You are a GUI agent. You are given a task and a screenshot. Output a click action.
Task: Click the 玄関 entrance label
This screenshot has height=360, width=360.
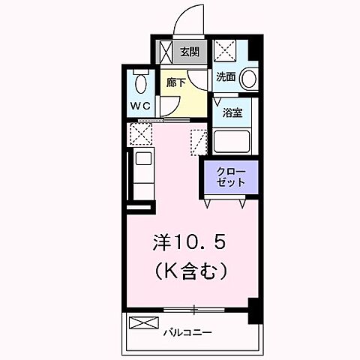[190, 52]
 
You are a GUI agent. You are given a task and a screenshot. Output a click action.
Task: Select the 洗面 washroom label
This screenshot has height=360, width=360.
[226, 76]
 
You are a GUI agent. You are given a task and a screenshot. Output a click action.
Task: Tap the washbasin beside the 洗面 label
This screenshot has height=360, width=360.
[250, 77]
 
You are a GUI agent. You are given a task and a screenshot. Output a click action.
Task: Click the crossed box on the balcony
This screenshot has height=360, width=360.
[140, 324]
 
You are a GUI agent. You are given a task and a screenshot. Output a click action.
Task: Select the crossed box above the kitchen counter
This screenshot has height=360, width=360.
[140, 135]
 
